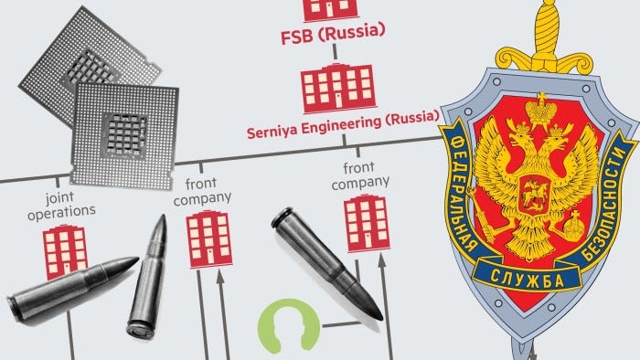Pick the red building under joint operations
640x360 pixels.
67,251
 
